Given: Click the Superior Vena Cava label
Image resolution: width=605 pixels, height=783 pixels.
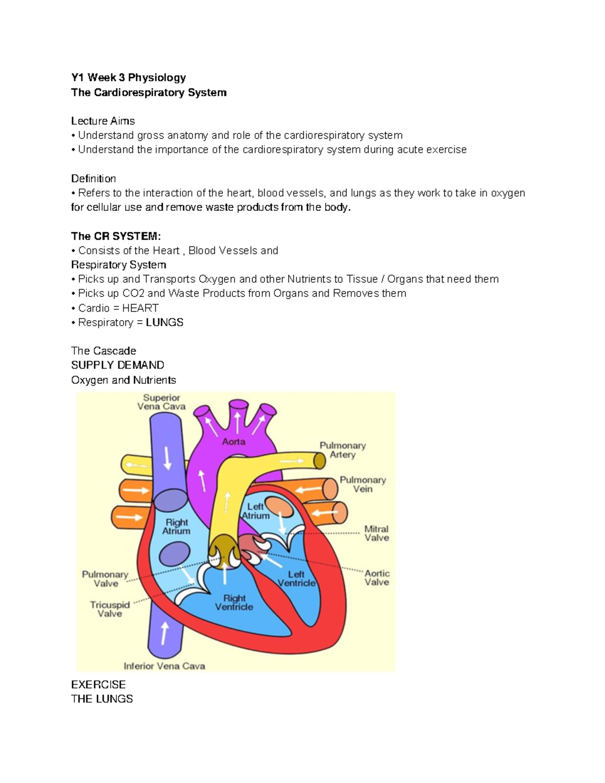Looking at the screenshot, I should click(161, 402).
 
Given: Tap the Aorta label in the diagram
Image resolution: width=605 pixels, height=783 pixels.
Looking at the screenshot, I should click(234, 442).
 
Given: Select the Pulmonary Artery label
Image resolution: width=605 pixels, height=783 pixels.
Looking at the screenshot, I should click(343, 450).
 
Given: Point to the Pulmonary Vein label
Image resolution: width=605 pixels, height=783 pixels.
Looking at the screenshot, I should click(362, 484).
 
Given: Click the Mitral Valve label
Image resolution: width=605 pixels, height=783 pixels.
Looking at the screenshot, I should click(377, 533).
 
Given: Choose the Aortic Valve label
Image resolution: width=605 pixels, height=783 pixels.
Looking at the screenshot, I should click(377, 577).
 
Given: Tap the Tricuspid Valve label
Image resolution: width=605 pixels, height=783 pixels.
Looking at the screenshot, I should click(110, 609).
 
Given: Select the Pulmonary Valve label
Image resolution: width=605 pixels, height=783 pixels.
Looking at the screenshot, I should click(105, 579).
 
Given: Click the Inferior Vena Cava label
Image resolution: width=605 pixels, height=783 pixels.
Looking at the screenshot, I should click(164, 666).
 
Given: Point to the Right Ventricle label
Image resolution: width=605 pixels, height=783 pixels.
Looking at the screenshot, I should click(234, 603).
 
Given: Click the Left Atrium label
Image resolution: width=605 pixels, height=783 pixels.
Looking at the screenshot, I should click(256, 511).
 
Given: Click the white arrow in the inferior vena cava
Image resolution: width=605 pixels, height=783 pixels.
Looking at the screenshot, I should click(164, 632).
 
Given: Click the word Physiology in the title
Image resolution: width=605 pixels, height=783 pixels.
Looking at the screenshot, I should click(157, 78).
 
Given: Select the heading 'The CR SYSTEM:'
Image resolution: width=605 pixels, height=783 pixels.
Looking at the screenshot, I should click(116, 236).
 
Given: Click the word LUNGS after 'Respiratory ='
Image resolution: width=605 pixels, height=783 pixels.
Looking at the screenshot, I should click(164, 322).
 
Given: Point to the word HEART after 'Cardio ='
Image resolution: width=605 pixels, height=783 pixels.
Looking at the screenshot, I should click(140, 308).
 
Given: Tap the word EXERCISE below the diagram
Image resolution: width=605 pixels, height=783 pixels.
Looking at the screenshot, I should click(98, 684).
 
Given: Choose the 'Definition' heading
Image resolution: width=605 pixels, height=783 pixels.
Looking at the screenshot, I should click(93, 178).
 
